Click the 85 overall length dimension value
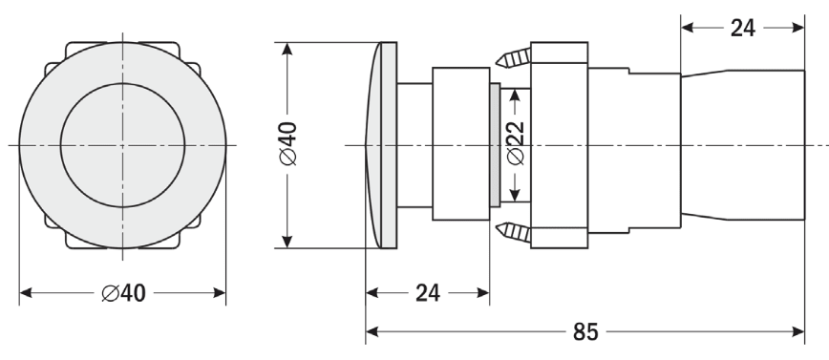point(585,332)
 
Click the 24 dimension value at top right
point(743,28)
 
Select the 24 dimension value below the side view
point(428,293)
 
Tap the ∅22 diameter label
point(515,142)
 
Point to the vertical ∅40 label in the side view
point(288,144)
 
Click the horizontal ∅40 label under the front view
point(124,293)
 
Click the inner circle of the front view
point(122,83)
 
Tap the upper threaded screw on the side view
point(514,57)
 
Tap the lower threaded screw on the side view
point(514,232)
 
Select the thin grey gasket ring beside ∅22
point(495,145)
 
